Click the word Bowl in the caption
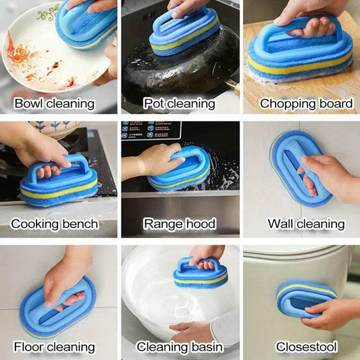tap(28, 104)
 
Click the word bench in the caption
tap(80, 224)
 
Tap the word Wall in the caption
tap(280, 224)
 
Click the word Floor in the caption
tap(28, 346)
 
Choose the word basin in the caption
tap(207, 346)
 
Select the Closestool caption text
tap(307, 346)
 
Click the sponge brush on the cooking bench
tap(59, 182)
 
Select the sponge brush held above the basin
tap(200, 274)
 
